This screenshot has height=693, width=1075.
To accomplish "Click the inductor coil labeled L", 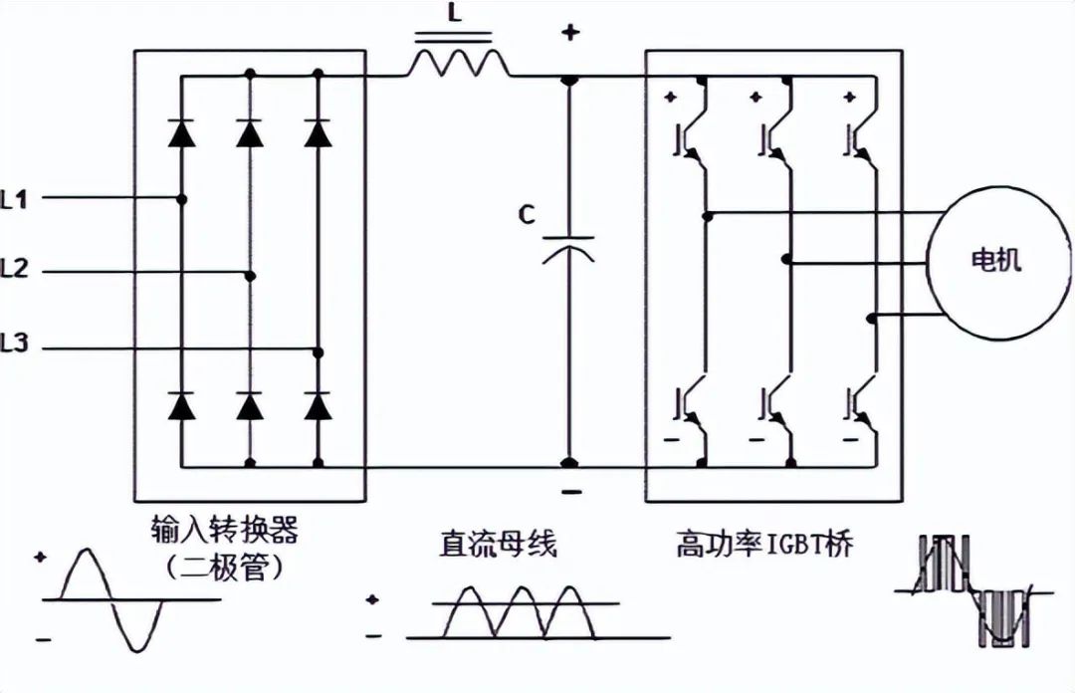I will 457,64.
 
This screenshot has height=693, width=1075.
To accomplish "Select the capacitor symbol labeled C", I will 568,247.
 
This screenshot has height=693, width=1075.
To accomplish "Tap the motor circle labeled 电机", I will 994,261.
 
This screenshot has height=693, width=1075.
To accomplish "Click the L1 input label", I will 15,199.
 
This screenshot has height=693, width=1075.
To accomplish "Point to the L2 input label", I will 15,269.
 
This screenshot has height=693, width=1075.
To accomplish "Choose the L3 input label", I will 15,346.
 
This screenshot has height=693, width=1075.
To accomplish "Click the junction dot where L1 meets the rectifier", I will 181,199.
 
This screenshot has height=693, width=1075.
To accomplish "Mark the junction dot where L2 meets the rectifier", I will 250,275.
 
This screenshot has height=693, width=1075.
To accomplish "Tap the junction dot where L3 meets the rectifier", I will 319,351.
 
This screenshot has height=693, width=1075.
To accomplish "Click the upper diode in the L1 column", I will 181,132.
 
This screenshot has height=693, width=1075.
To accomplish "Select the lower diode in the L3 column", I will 319,405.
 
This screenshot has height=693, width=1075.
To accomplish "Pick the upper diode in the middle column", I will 250,132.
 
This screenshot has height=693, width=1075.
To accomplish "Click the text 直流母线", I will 499,545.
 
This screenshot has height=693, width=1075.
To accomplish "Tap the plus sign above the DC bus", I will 569,32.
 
